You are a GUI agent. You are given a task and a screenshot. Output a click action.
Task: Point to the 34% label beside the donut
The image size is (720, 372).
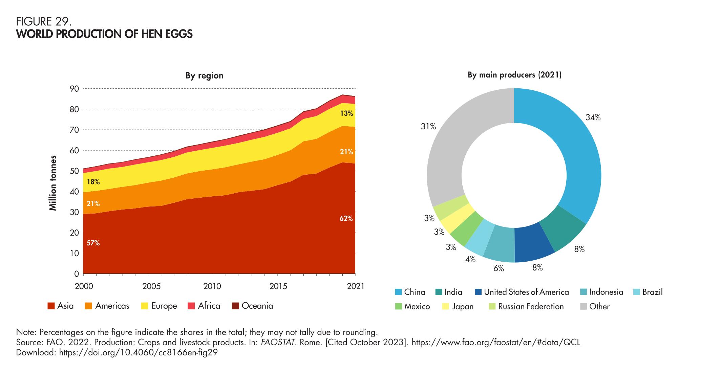click(593, 117)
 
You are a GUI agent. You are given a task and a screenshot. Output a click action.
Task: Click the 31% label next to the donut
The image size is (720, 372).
click(428, 127)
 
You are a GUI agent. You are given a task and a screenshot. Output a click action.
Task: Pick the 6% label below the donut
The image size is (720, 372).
click(499, 268)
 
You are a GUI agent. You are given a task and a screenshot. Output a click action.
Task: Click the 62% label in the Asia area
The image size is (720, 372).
click(346, 219)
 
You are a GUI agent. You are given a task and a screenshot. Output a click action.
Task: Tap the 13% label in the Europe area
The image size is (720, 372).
click(346, 113)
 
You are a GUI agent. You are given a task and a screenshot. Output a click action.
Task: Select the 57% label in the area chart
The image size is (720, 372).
click(93, 243)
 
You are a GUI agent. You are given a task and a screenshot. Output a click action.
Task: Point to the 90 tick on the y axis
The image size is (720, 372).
click(75, 89)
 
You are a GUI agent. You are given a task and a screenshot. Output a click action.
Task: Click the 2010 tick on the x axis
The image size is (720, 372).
click(212, 286)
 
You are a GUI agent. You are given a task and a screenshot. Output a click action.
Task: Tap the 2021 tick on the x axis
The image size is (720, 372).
click(355, 286)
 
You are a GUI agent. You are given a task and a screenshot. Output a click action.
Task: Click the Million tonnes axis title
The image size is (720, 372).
click(53, 183)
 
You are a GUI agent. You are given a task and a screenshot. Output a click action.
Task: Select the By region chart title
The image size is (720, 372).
click(204, 75)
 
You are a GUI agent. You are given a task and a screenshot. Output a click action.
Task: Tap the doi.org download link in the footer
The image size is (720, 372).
click(138, 352)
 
